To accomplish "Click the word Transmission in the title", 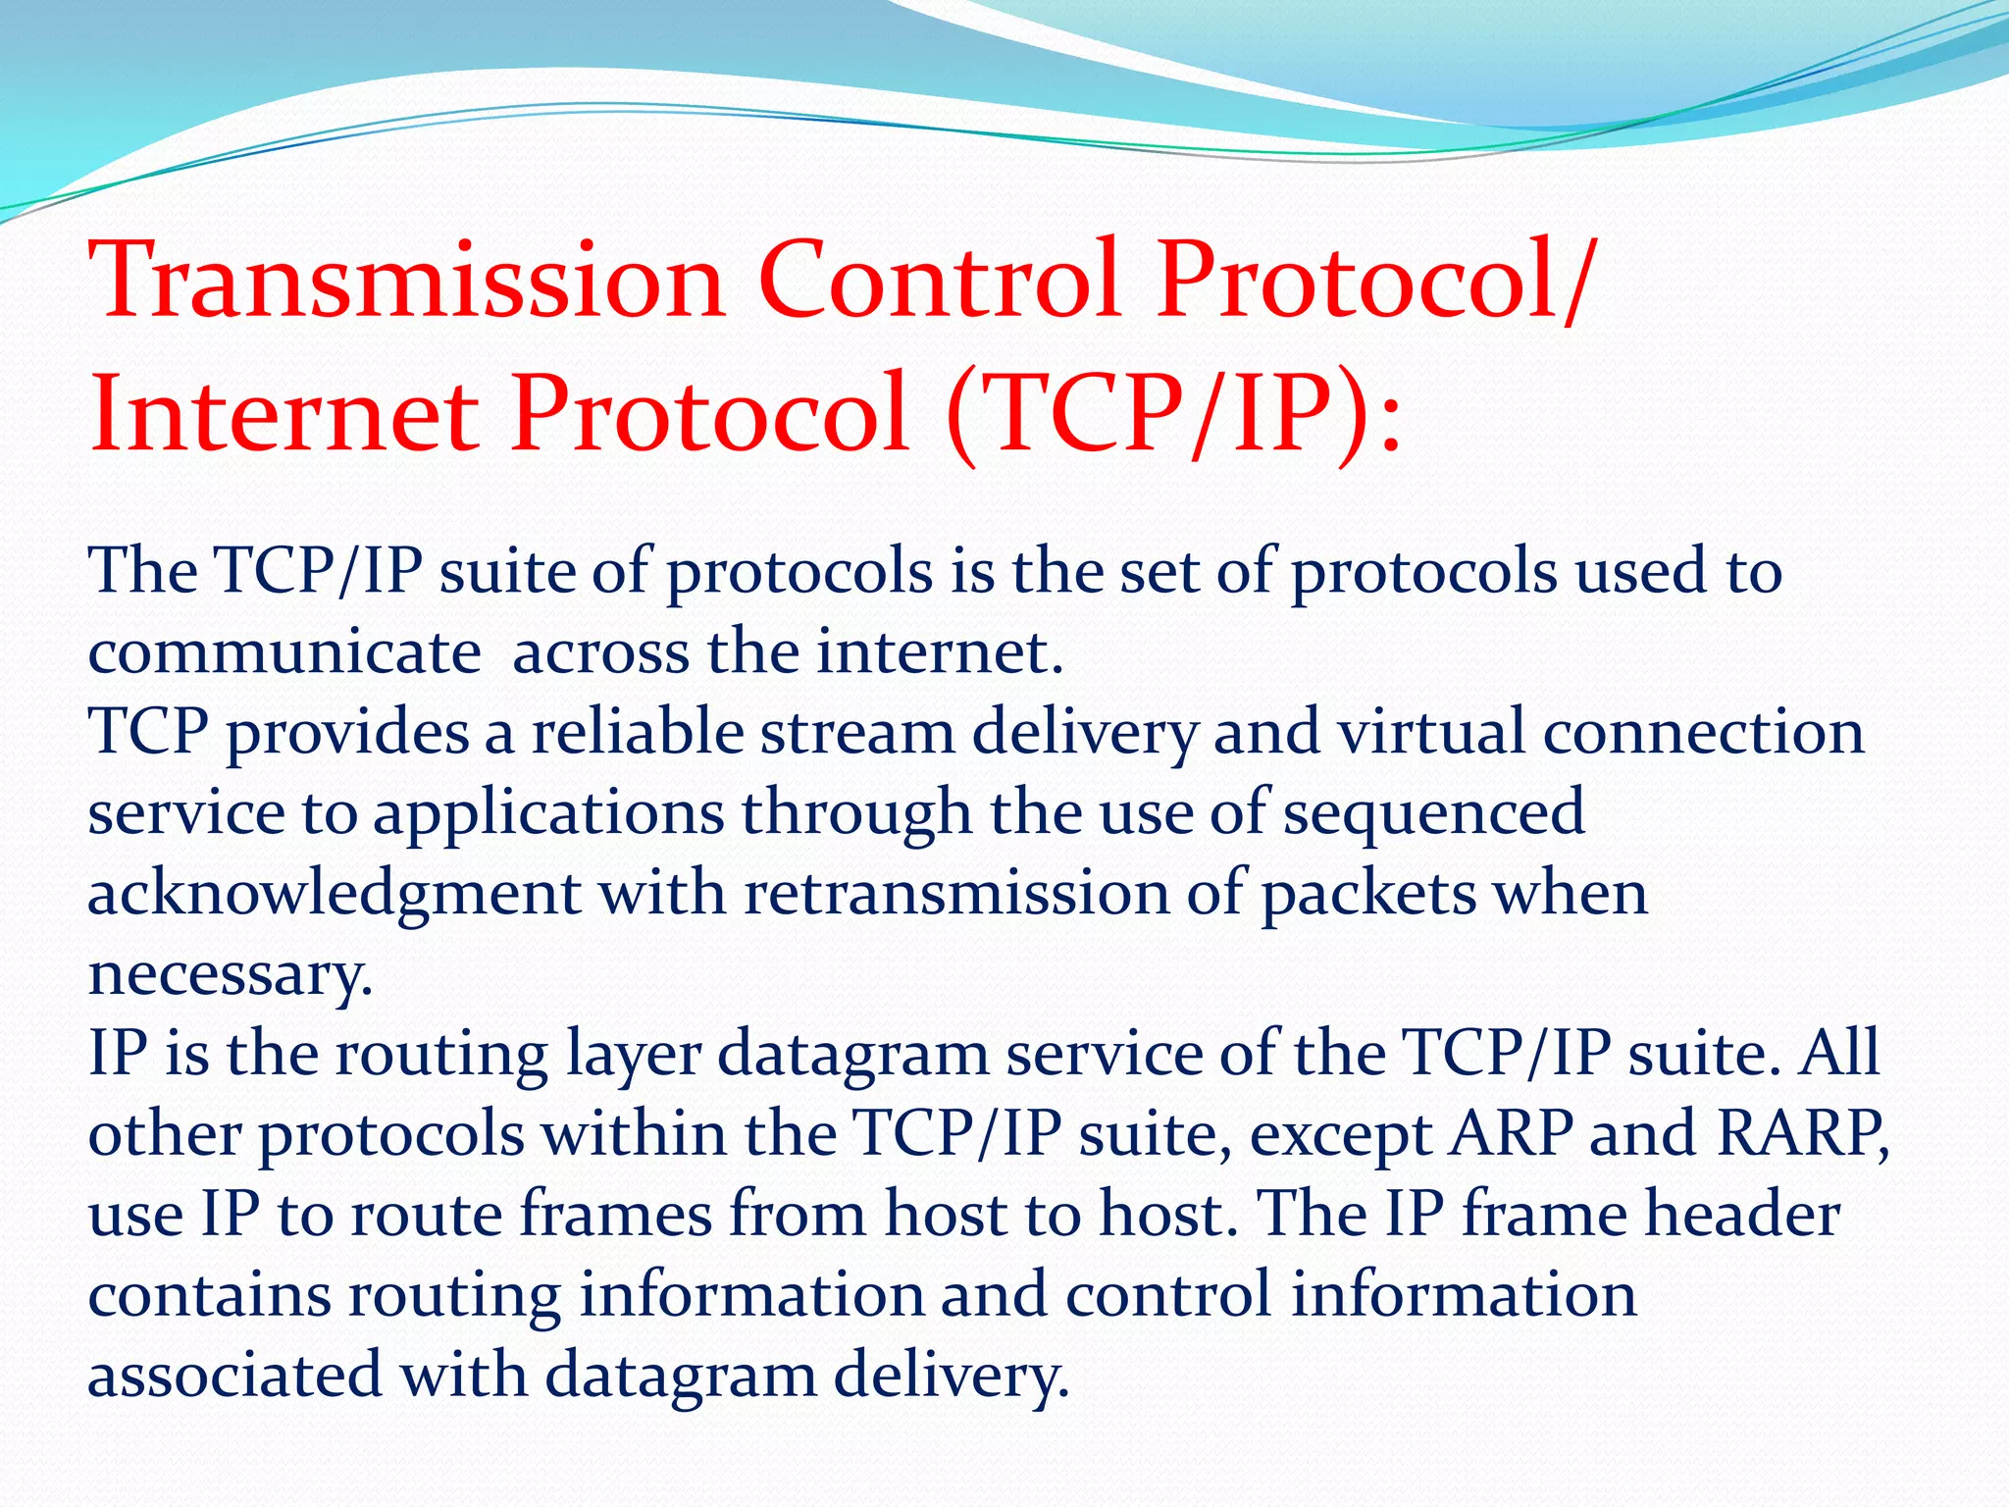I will (x=406, y=281).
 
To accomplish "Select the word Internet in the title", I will (x=284, y=414).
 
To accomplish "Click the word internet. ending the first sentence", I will (x=940, y=651).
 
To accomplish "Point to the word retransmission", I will (x=956, y=894).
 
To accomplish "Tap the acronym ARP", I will (x=1511, y=1134).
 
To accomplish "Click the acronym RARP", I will (x=1802, y=1134).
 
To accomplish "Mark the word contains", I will (x=210, y=1296).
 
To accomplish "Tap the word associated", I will (x=234, y=1376).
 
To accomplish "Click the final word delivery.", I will (x=951, y=1377).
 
